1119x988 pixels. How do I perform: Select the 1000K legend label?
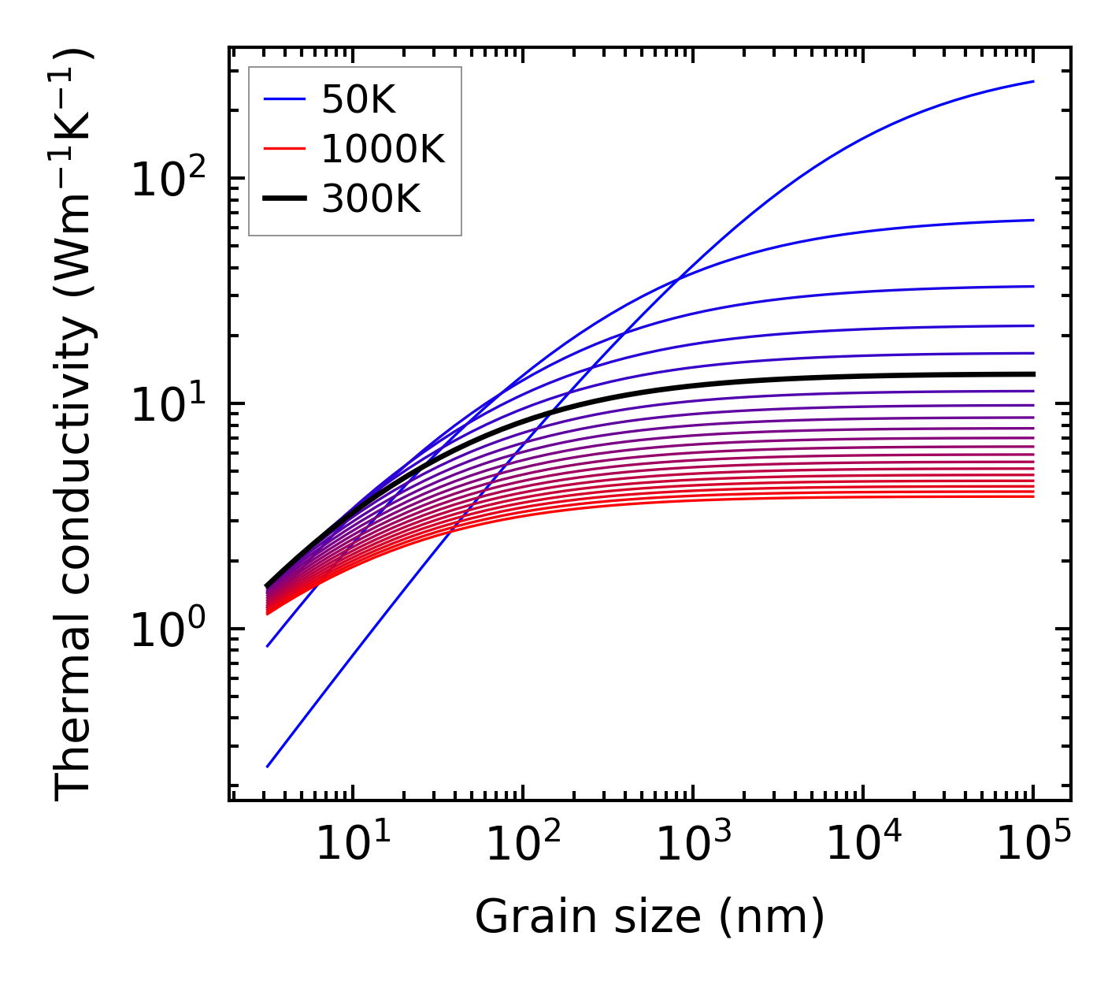pos(383,149)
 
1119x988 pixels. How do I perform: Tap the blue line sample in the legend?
pos(283,99)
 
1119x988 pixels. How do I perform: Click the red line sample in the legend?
pos(283,149)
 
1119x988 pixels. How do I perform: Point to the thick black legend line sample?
pos(283,199)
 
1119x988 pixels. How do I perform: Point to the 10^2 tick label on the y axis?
pos(167,180)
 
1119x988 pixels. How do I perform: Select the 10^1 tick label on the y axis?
pos(167,405)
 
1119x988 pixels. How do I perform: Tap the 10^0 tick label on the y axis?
pos(167,630)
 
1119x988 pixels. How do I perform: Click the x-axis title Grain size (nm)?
pos(650,917)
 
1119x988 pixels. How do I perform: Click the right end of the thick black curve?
pos(1033,374)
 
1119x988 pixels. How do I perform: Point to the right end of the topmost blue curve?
pos(1033,81)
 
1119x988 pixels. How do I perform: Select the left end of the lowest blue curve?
pos(268,766)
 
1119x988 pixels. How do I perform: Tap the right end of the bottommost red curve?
pos(1033,496)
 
